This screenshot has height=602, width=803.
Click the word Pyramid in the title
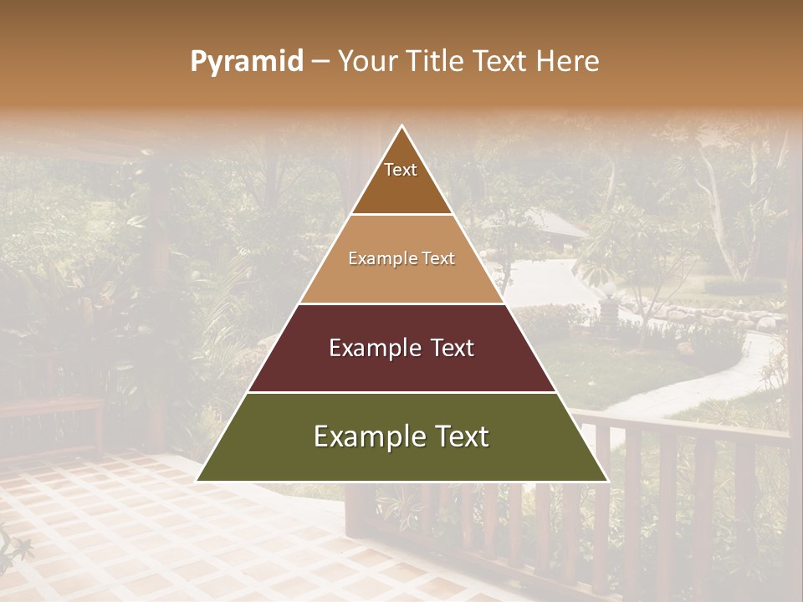coord(247,61)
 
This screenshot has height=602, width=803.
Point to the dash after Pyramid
coord(320,62)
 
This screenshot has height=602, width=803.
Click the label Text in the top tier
coord(401,170)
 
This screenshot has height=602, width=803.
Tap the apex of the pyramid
coord(402,127)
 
